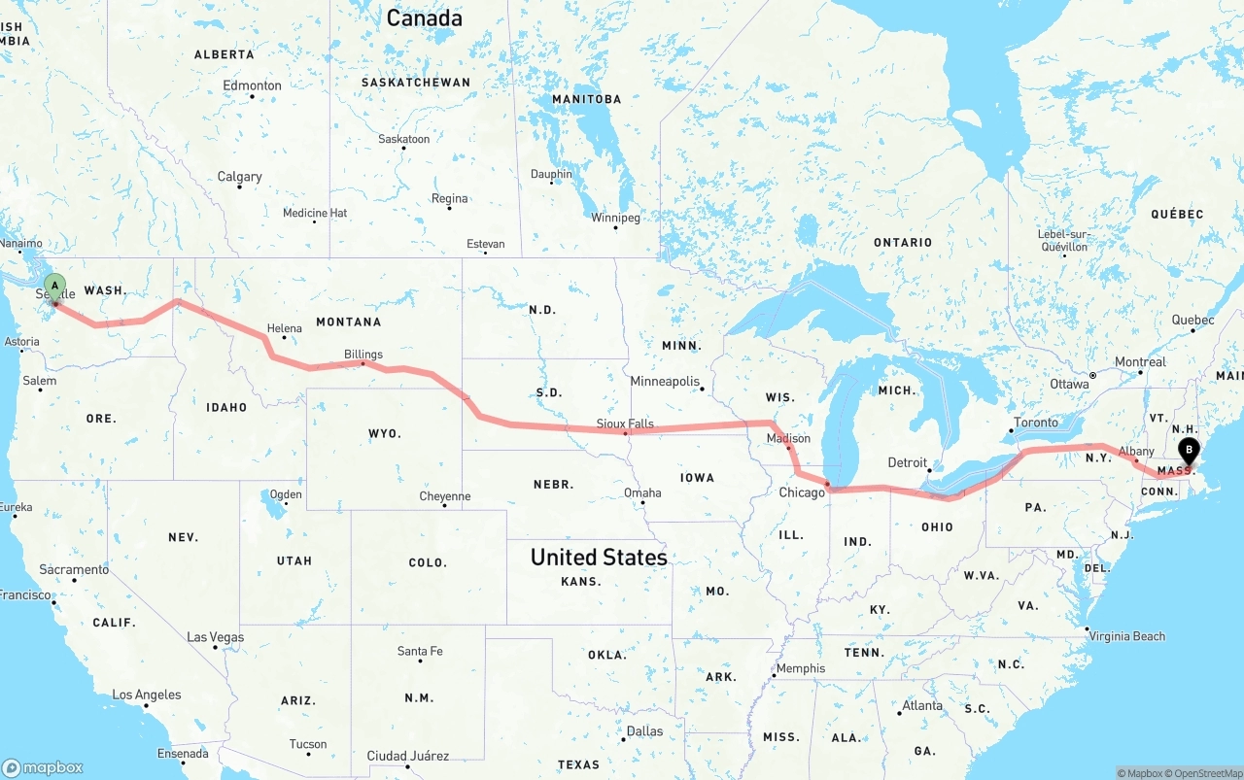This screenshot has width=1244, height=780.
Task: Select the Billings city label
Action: (x=363, y=355)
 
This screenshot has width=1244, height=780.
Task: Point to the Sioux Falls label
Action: (x=625, y=424)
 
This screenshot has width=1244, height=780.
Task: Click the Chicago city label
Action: (x=802, y=492)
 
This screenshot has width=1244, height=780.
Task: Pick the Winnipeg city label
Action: (x=615, y=218)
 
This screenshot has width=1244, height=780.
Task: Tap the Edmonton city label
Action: (x=252, y=85)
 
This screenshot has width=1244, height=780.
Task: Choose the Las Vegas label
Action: (x=215, y=637)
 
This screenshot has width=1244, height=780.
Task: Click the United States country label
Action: (x=599, y=558)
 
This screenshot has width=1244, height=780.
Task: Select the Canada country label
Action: (x=424, y=17)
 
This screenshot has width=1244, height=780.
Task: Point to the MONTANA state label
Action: (x=348, y=322)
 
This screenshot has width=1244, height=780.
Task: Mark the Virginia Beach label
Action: (x=1127, y=636)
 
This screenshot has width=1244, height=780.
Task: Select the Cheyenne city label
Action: (x=444, y=496)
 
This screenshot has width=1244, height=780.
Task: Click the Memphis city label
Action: (x=801, y=668)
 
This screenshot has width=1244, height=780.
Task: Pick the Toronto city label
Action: (x=1035, y=423)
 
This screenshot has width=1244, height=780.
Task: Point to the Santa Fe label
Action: (x=420, y=651)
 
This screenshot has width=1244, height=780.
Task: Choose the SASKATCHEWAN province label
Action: (x=415, y=83)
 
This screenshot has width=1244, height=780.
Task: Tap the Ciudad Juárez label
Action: (x=407, y=756)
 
